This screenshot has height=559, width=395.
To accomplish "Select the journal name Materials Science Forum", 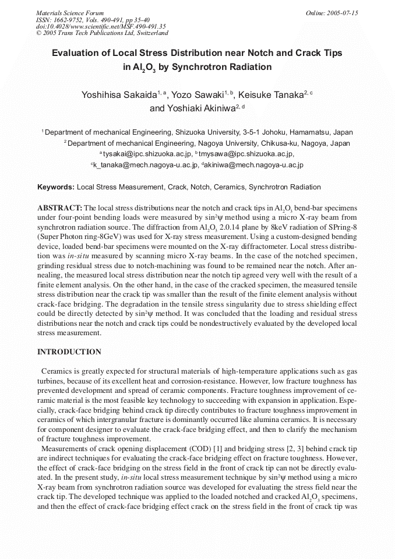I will pos(70,13).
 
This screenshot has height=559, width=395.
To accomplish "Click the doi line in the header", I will pos(101,26).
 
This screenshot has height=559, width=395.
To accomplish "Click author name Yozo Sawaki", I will pos(198,94).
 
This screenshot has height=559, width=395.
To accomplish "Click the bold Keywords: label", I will pos(56,187).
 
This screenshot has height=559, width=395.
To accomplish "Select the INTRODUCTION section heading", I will pos(69,352).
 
